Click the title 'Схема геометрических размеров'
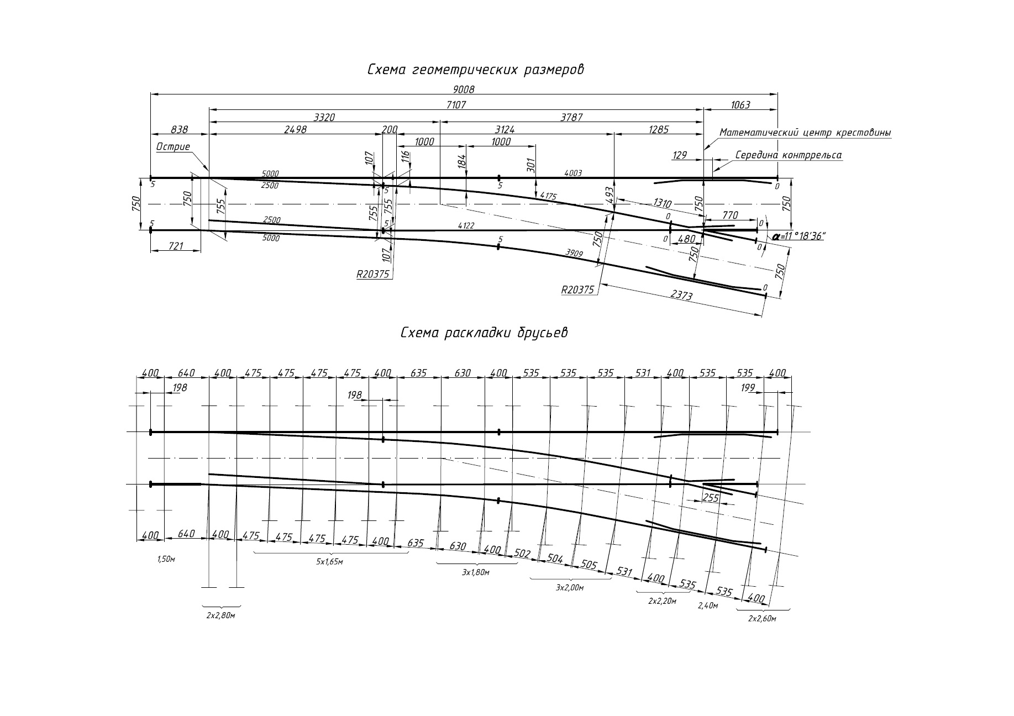[x=475, y=70]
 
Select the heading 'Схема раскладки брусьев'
[x=484, y=333]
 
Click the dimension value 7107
[x=456, y=104]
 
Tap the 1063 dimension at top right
[x=740, y=104]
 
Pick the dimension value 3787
[x=571, y=117]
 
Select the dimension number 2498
[x=295, y=129]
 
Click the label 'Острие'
[x=173, y=147]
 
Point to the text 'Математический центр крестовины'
[x=805, y=133]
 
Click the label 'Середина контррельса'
[x=789, y=155]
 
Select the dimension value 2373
[x=681, y=296]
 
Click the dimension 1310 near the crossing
[x=662, y=203]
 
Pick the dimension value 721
[x=175, y=246]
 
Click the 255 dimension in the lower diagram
[x=711, y=498]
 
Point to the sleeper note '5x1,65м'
[x=329, y=562]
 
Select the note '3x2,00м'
[x=570, y=588]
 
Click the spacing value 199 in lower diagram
[x=748, y=388]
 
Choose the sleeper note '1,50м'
[x=166, y=559]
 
